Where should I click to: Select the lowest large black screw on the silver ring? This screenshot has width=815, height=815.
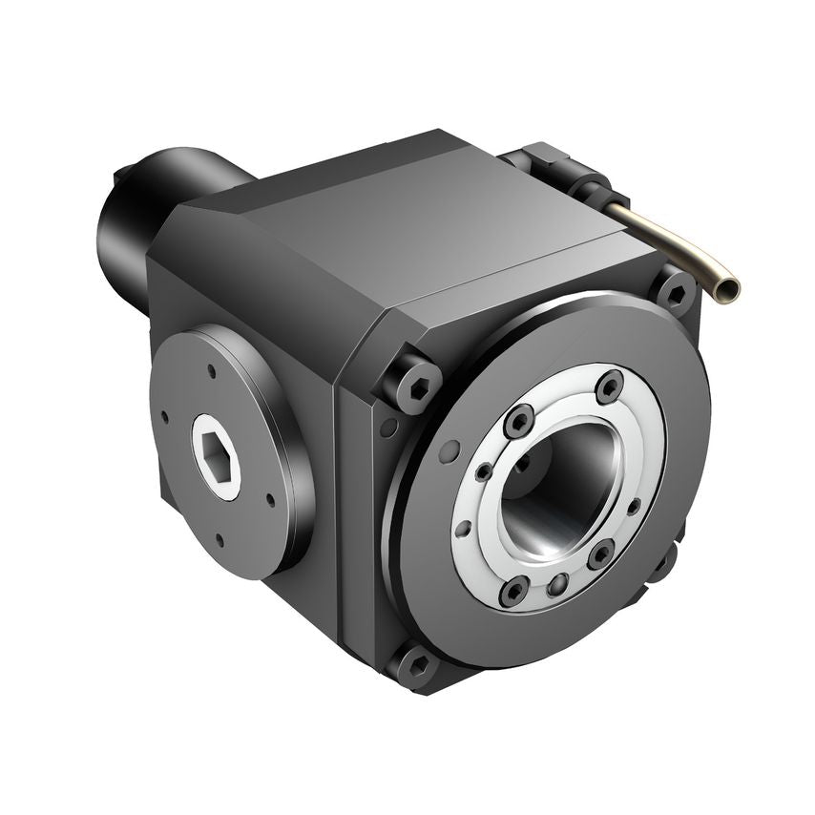pyautogui.click(x=513, y=592)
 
